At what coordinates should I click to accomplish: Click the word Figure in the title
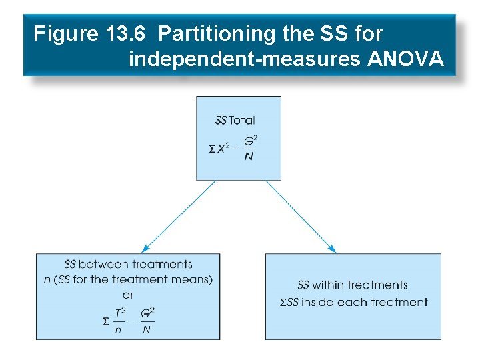(65, 33)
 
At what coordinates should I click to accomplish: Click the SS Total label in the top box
(235, 121)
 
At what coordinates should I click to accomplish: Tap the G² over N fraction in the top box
(249, 149)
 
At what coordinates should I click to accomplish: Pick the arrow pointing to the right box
(301, 216)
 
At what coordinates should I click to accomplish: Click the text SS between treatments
(128, 265)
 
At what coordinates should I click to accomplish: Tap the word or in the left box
(128, 294)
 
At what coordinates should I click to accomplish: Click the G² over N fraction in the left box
(148, 320)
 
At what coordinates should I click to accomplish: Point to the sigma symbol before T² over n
(105, 321)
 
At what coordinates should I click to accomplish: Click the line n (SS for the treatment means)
(128, 279)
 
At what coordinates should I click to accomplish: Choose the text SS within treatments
(352, 285)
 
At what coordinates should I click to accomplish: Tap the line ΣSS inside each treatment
(353, 302)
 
